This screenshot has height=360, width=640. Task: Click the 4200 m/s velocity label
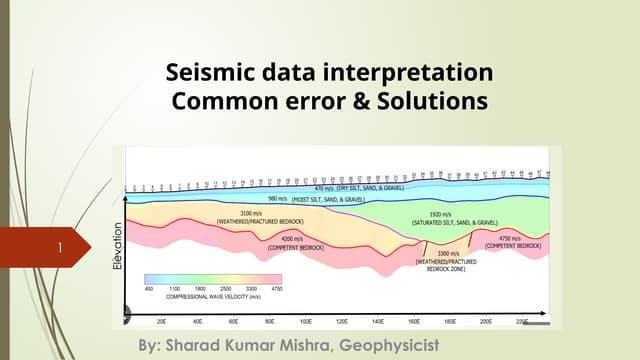click(x=292, y=239)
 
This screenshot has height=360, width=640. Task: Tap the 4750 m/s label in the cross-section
click(x=512, y=239)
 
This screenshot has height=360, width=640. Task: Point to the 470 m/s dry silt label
click(x=324, y=188)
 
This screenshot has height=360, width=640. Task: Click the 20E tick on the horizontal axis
click(x=162, y=322)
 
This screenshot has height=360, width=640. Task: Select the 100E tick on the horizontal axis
click(x=306, y=322)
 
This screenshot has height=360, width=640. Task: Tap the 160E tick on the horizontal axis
click(x=414, y=322)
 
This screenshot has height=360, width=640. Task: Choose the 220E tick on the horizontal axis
click(x=521, y=322)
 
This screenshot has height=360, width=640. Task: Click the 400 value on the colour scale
click(x=148, y=289)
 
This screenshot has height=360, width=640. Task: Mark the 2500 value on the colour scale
click(x=226, y=289)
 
